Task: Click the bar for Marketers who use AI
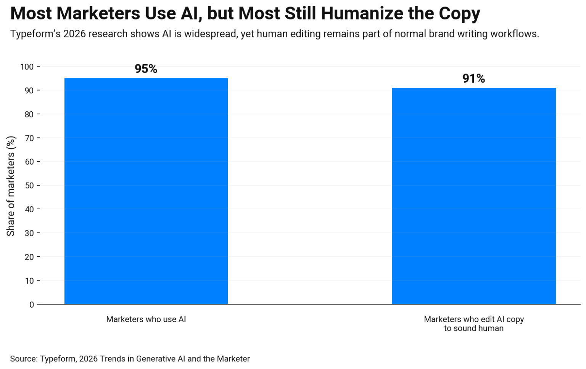pyautogui.click(x=146, y=191)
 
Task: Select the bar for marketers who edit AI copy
pyautogui.click(x=473, y=196)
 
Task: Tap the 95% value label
pyautogui.click(x=146, y=69)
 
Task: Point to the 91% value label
pyautogui.click(x=473, y=79)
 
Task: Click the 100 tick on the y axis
pyautogui.click(x=27, y=67)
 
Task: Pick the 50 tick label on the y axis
pyautogui.click(x=29, y=186)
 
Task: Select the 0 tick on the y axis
pyautogui.click(x=32, y=305)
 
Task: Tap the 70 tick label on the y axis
pyautogui.click(x=29, y=138)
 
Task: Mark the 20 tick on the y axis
pyautogui.click(x=29, y=257)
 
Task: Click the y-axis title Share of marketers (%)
pyautogui.click(x=11, y=186)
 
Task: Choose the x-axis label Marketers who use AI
pyautogui.click(x=146, y=319)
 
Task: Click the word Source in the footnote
pyautogui.click(x=23, y=359)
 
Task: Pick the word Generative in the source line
pyautogui.click(x=156, y=359)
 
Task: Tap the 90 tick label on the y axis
pyautogui.click(x=29, y=91)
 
